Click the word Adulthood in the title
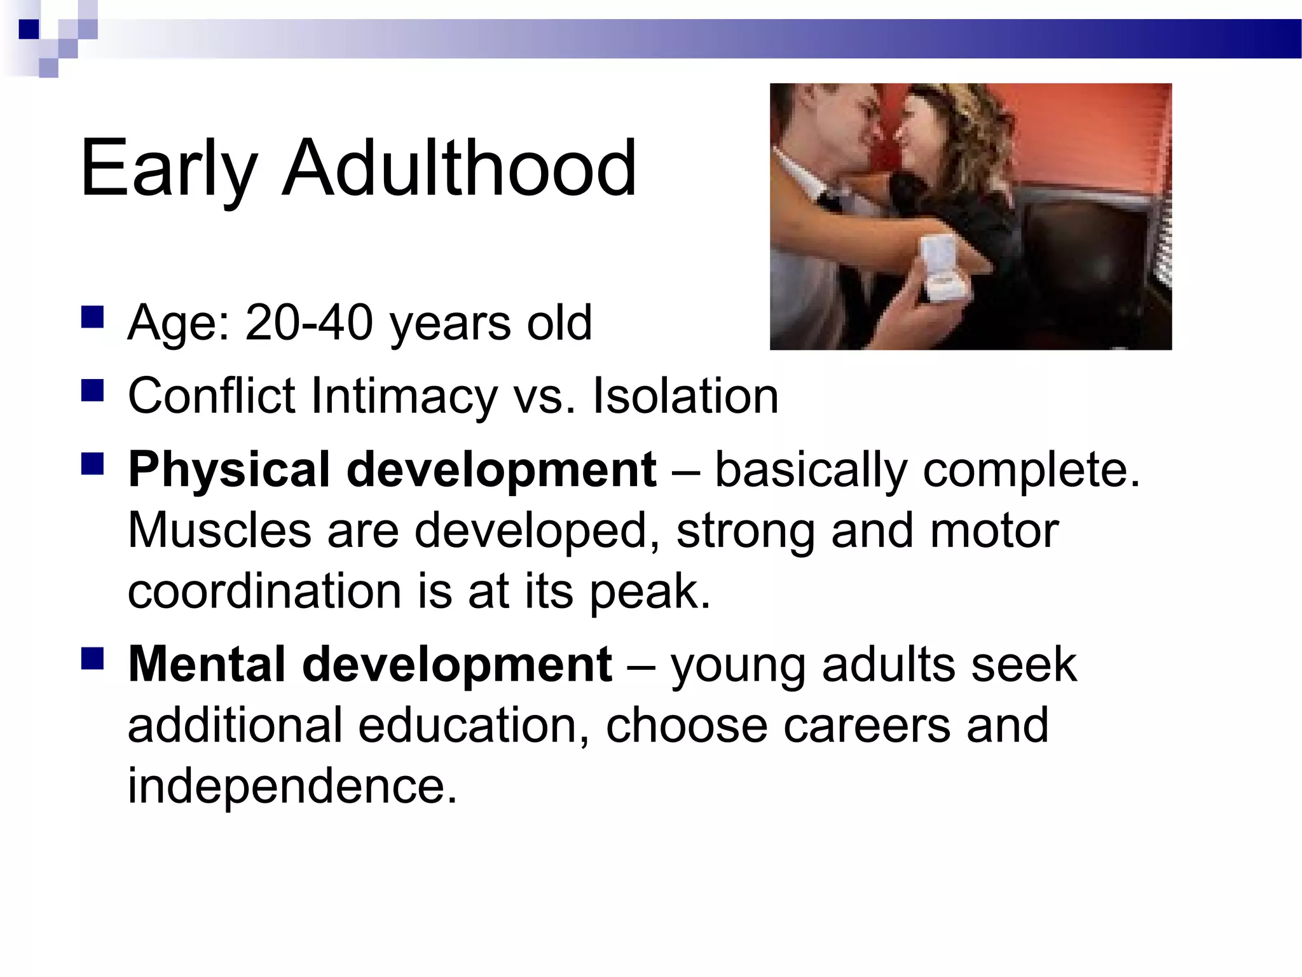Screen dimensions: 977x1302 (459, 169)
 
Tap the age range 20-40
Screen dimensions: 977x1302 (309, 322)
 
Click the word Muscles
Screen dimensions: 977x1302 (219, 530)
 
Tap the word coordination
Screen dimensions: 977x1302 (264, 591)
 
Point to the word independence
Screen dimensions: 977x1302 (292, 786)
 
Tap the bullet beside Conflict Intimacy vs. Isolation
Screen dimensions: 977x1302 (93, 390)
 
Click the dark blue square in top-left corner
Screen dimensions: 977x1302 (29, 29)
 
